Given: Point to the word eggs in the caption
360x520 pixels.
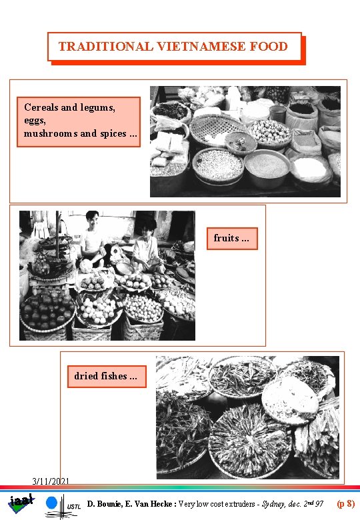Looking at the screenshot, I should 35,120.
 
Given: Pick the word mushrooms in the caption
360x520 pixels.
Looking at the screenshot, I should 51,133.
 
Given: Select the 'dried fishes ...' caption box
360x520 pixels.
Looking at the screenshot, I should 106,376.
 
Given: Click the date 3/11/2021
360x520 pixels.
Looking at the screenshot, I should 51,481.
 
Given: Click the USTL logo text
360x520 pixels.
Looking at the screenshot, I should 74,507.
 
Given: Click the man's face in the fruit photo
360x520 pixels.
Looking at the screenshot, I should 93,220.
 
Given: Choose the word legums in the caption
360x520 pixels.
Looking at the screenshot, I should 97,107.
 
